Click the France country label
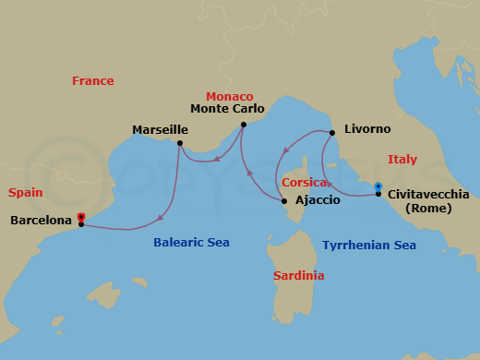coord(93,81)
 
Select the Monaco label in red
coord(229,96)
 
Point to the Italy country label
coord(402,160)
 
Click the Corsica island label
coord(305,183)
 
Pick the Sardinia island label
coord(298,276)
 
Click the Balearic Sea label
coord(191,243)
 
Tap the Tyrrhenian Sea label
coord(369,246)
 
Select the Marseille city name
coord(161,130)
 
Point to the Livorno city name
coord(366,130)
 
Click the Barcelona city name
coord(41,221)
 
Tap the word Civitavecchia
coord(428,195)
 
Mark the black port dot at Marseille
coord(180,143)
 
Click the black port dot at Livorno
coord(331,132)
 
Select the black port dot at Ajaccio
coord(284,201)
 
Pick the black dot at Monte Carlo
coord(243,124)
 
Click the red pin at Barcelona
coord(81,218)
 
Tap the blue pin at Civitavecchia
coord(378,188)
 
